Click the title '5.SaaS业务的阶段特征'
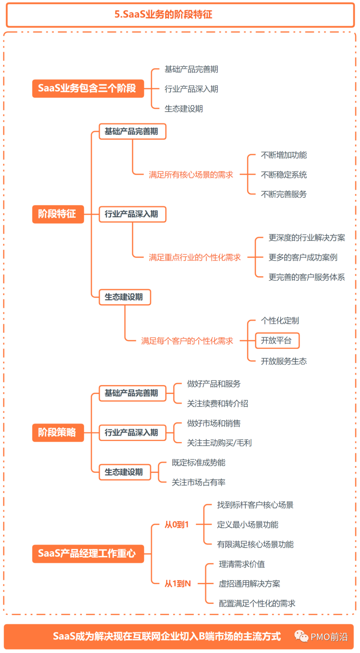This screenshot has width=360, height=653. click(163, 15)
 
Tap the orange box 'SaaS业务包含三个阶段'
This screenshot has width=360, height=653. click(88, 88)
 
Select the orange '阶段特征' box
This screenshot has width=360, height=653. click(58, 214)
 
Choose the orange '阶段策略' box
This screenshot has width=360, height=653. click(58, 433)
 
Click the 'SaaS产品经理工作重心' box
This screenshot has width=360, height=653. click(88, 554)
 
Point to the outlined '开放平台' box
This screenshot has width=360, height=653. click(277, 341)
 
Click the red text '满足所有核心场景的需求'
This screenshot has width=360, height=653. click(191, 175)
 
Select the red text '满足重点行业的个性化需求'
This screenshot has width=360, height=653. click(195, 257)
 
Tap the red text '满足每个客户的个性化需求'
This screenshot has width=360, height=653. click(187, 341)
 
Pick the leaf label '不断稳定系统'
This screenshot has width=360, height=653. click(284, 175)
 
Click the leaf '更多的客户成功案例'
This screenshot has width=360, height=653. click(303, 257)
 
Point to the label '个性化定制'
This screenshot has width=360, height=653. click(280, 321)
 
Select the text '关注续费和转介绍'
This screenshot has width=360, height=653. click(217, 404)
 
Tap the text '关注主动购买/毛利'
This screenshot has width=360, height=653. click(219, 443)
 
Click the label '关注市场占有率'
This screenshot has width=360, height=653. click(198, 482)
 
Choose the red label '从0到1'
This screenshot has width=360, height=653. click(177, 525)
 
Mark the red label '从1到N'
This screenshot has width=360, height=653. click(178, 584)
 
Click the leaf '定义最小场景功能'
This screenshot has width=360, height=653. click(247, 525)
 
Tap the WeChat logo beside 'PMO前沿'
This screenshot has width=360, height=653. click(301, 636)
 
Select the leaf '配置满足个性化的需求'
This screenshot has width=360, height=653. click(257, 603)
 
